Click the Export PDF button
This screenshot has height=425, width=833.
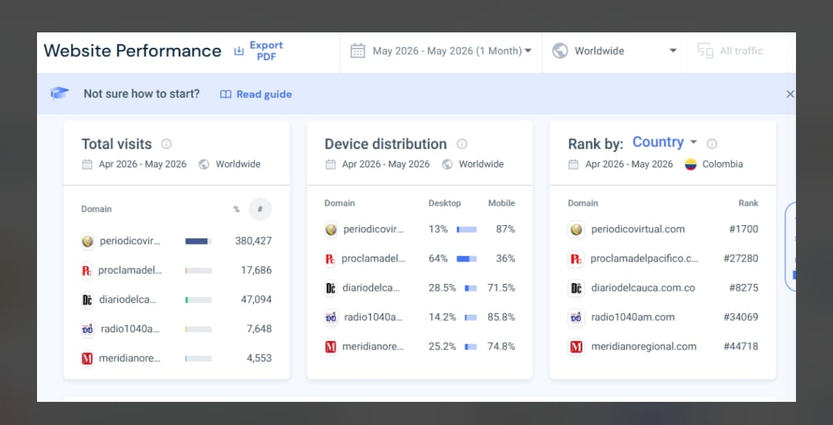[258, 51]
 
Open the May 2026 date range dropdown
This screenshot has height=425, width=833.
[441, 51]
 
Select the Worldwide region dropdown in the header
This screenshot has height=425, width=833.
[615, 51]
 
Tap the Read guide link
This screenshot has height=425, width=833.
[256, 94]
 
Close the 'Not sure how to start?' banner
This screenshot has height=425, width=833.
[790, 94]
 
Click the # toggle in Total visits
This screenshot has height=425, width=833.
[260, 209]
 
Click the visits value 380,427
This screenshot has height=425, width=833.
[254, 241]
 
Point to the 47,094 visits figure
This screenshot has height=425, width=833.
[256, 299]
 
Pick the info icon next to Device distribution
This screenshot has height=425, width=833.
[462, 143]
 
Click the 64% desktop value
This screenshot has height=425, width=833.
[438, 258]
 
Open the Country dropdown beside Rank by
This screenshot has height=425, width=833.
[665, 142]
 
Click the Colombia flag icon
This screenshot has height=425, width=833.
[690, 164]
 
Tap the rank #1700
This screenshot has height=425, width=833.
[744, 229]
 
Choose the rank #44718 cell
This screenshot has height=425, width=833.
[740, 346]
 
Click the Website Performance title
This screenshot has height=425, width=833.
[133, 51]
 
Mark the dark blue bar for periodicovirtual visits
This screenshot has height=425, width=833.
[196, 241]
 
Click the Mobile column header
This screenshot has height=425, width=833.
[501, 203]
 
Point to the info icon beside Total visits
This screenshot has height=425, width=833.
[167, 143]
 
